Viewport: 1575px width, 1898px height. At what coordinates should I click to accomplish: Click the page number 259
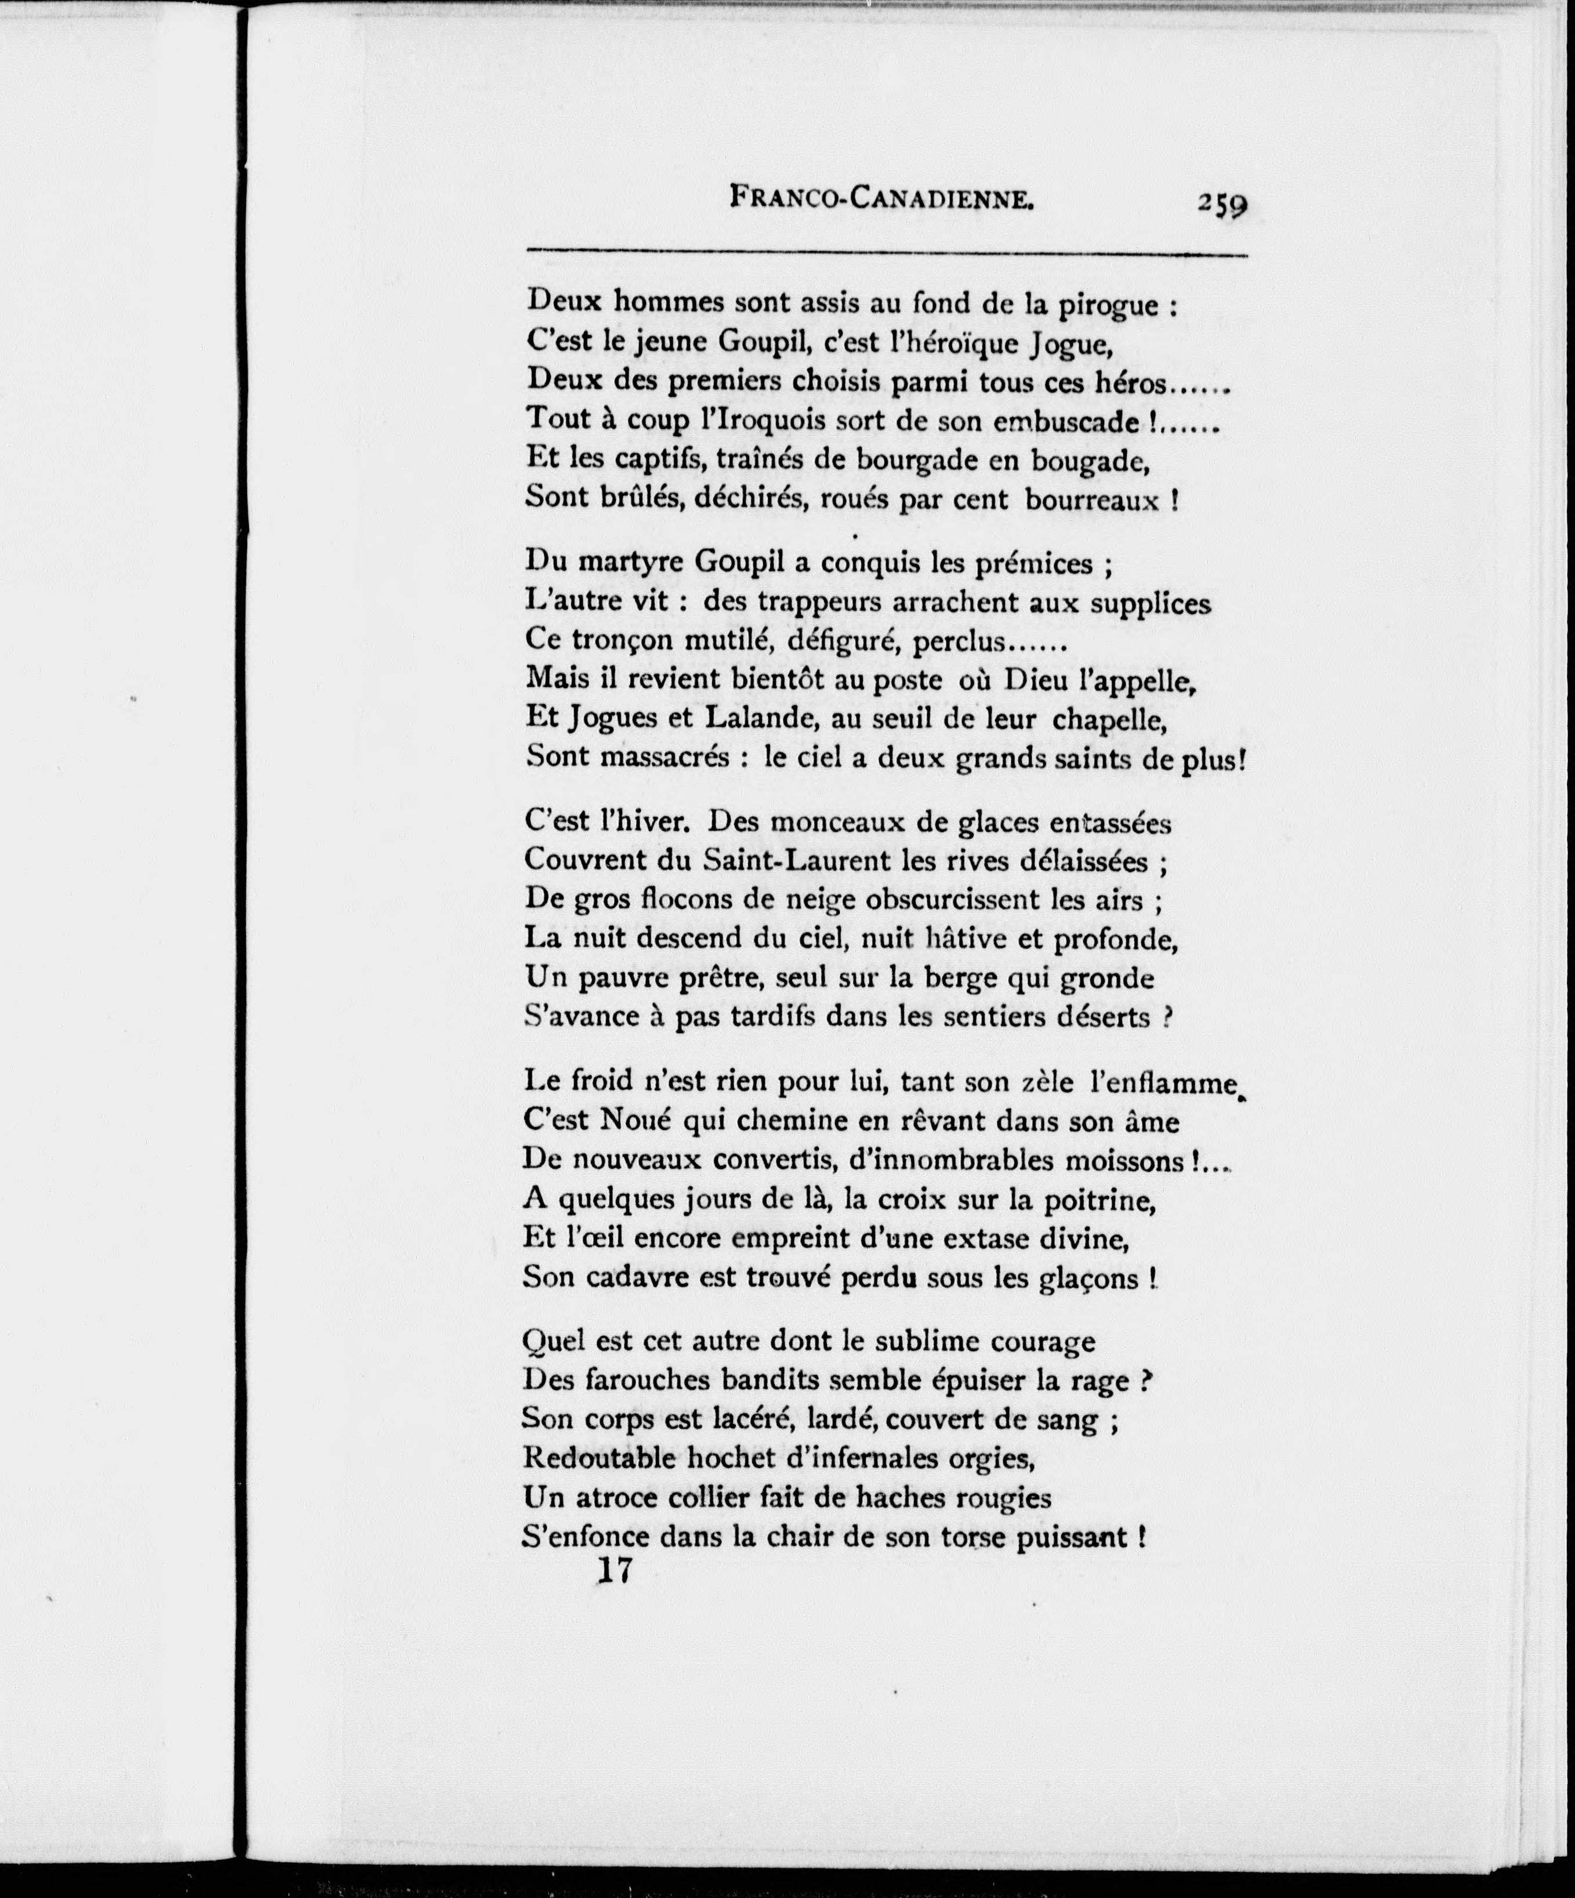click(x=1222, y=230)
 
